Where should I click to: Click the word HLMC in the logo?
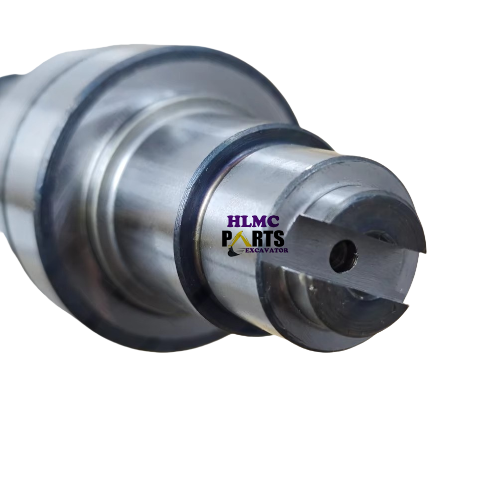coord(253,222)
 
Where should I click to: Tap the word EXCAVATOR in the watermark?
coord(267,250)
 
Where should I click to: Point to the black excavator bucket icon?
coord(232,251)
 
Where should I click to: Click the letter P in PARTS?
coord(227,239)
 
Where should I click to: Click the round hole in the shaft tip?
coord(343,256)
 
